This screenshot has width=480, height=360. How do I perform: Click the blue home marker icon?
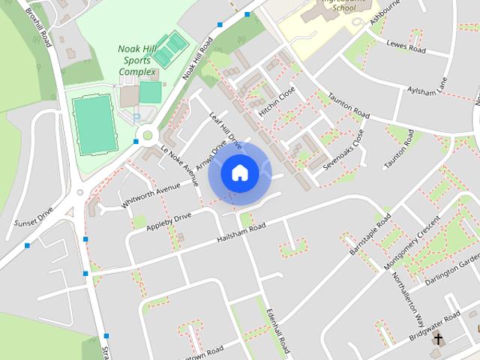[239, 173]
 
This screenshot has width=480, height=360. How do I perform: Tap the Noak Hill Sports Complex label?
[137, 61]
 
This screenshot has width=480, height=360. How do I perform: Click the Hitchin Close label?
[277, 103]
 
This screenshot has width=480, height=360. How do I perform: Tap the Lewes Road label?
[406, 48]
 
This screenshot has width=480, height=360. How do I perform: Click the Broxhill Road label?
[37, 27]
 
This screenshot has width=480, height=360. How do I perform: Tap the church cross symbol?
[437, 339]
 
